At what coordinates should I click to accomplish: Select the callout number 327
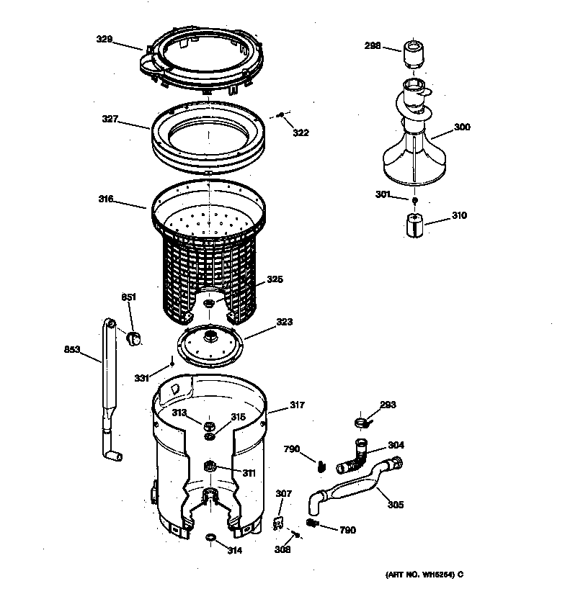click(x=109, y=120)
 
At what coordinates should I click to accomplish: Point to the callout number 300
click(x=461, y=127)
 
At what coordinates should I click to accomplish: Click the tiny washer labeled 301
click(x=415, y=199)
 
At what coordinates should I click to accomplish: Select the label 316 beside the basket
click(x=106, y=199)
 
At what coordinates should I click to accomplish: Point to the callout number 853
click(x=71, y=351)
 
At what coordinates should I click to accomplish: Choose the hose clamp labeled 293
click(x=361, y=422)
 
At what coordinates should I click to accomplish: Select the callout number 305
click(x=395, y=504)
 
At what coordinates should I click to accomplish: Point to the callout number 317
click(x=296, y=406)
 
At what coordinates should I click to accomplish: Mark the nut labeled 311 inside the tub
click(x=210, y=467)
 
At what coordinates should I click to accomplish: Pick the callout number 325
click(x=275, y=279)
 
